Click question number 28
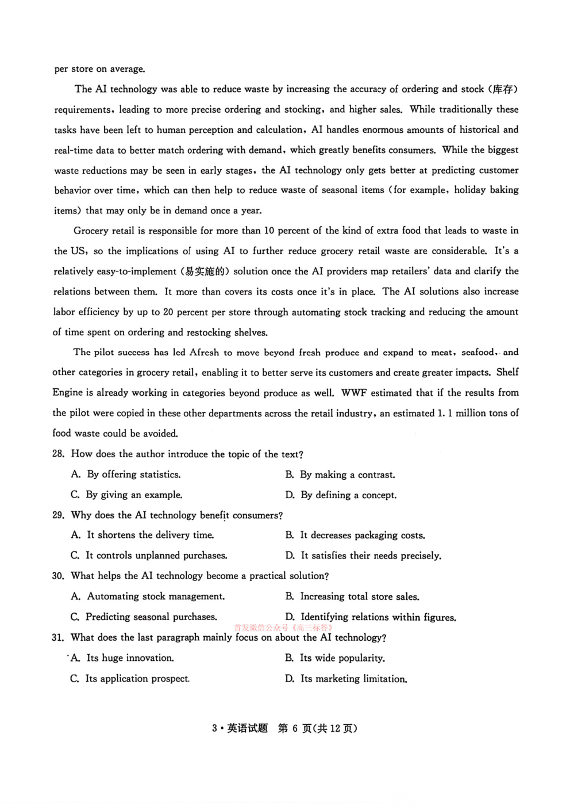pyautogui.click(x=58, y=454)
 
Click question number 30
pyautogui.click(x=58, y=576)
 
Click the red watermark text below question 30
pyautogui.click(x=284, y=628)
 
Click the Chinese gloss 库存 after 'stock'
pyautogui.click(x=503, y=89)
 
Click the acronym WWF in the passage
pyautogui.click(x=353, y=393)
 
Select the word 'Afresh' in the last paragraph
pyautogui.click(x=204, y=353)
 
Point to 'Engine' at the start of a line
pyautogui.click(x=67, y=393)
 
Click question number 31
pyautogui.click(x=57, y=637)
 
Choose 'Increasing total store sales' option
pyautogui.click(x=360, y=596)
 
